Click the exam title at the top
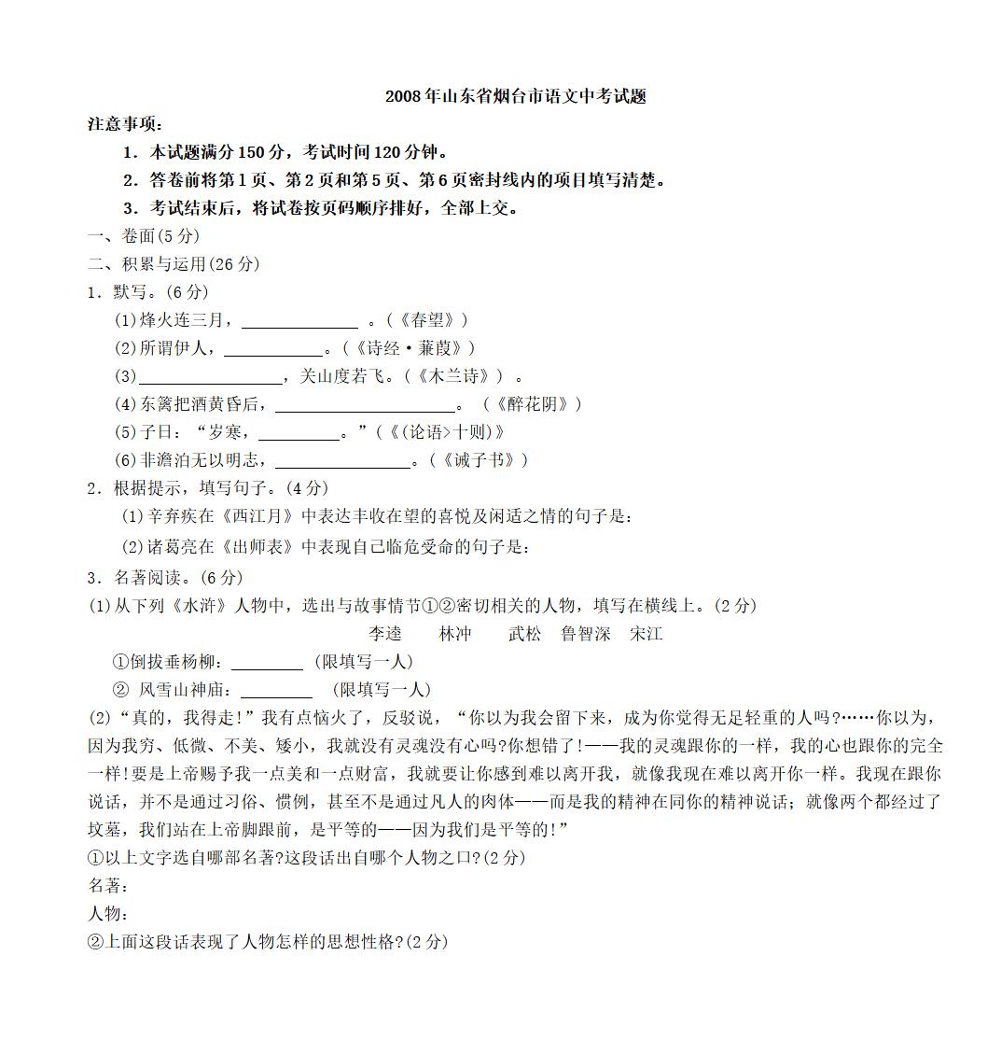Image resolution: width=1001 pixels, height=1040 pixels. [x=515, y=96]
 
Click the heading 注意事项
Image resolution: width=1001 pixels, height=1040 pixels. [x=125, y=124]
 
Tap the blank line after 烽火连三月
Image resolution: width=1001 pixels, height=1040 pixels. [x=299, y=323]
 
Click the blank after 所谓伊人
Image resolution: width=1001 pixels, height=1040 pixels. [x=273, y=351]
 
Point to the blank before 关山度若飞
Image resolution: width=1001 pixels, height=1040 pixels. [x=211, y=379]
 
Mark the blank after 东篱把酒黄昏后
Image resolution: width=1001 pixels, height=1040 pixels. [x=365, y=407]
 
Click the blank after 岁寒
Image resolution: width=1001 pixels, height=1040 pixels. [x=299, y=435]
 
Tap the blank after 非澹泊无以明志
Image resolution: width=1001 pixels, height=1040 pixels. [x=342, y=463]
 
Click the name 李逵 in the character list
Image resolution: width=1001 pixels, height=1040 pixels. [x=384, y=634]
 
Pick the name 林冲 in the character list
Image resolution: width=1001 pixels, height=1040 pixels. [x=455, y=634]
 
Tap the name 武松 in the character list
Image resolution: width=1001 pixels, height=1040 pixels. [x=524, y=634]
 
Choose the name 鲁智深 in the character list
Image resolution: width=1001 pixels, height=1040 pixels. [x=586, y=634]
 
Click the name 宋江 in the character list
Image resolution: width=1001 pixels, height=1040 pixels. [x=646, y=634]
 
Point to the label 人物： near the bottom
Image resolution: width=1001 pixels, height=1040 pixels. [x=108, y=914]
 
